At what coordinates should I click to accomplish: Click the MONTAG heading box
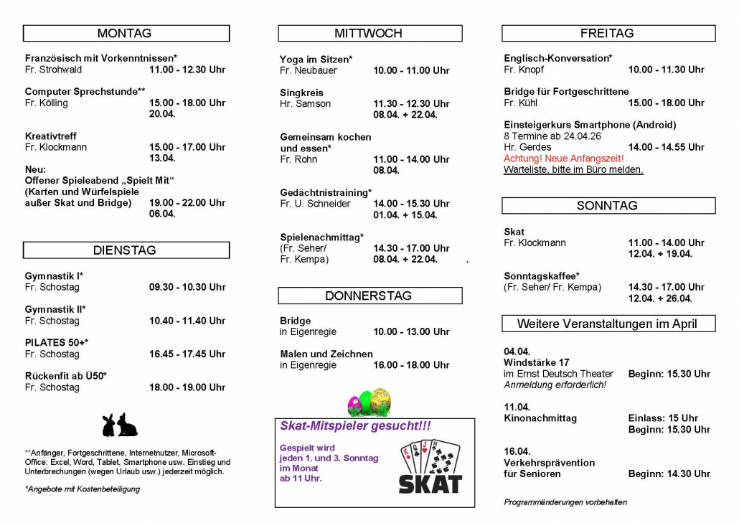pos(126,33)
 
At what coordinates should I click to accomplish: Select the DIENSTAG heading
pos(126,250)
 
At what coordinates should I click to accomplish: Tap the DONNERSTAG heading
pos(369,296)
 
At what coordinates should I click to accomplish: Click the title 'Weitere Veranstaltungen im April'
pos(608,324)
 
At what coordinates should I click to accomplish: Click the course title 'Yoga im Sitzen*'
pos(316,59)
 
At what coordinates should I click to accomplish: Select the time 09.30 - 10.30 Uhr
pos(187,287)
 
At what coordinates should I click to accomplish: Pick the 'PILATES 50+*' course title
pos(56,342)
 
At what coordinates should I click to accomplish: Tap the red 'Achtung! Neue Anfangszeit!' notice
pos(564,158)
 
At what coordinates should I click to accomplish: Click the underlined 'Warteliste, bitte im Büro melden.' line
pos(573,169)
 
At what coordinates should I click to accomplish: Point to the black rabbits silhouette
pos(119,425)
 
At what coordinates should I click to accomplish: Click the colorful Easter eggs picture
pos(369,402)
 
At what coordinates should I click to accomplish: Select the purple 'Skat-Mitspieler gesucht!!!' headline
pos(355,426)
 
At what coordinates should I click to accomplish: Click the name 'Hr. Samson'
pos(305,103)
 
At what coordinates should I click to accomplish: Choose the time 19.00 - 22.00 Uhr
pos(187,202)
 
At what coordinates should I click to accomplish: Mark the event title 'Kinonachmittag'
pos(540,418)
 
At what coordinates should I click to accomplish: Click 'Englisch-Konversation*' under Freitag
pos(557,58)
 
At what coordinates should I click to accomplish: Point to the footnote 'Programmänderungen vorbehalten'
pos(565,502)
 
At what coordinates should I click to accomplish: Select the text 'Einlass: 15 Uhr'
pos(663,418)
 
